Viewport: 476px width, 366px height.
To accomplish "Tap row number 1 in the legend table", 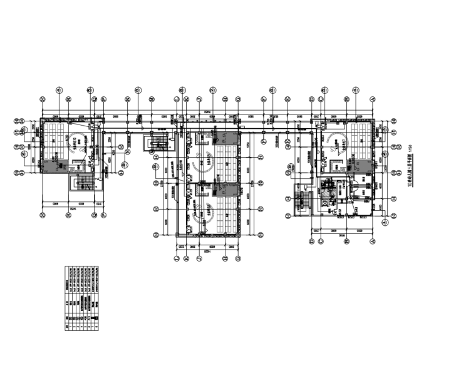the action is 68,318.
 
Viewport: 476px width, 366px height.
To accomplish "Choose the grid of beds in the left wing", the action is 52,139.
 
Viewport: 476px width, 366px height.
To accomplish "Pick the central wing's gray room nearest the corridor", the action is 227,136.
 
